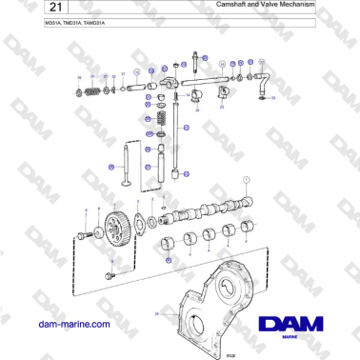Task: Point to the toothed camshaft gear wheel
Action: coord(114,232)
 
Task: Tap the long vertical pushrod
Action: coord(177,143)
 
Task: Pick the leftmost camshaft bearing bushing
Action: coord(171,242)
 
